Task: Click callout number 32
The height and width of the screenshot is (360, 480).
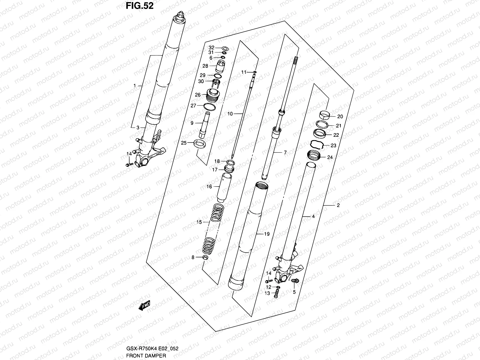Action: (x=211, y=48)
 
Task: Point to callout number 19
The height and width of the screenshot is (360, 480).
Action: (x=267, y=234)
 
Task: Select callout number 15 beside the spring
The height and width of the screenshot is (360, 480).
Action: (x=199, y=222)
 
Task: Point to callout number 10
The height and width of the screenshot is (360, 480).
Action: (x=230, y=114)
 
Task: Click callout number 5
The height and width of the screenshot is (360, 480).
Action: (x=294, y=292)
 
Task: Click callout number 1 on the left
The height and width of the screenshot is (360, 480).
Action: (x=135, y=86)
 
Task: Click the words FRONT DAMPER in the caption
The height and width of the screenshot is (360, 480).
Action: (x=145, y=355)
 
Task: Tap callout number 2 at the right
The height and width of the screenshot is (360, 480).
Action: (x=338, y=205)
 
